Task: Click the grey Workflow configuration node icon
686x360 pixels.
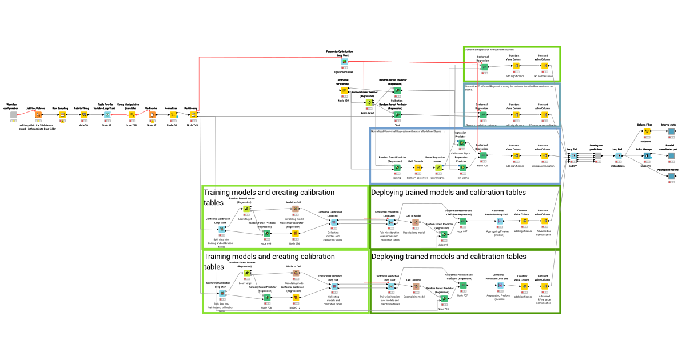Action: (x=14, y=115)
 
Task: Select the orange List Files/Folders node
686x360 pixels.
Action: (x=39, y=114)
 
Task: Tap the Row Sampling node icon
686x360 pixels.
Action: (x=63, y=114)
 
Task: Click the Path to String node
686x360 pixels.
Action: (x=84, y=114)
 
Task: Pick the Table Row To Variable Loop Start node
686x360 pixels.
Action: (x=107, y=114)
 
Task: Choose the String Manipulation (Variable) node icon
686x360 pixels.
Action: (x=131, y=114)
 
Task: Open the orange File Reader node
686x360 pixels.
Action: (x=153, y=114)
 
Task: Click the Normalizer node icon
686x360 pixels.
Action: (x=173, y=114)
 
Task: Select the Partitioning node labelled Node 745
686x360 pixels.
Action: (x=193, y=114)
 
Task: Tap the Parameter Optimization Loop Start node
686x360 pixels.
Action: (x=345, y=62)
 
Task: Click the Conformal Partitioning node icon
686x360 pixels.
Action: (x=344, y=90)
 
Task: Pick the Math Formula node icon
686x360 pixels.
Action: (x=418, y=167)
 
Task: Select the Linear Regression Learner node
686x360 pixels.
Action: (x=438, y=167)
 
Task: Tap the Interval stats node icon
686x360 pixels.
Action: (x=671, y=131)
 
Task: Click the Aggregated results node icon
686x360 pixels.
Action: (x=671, y=176)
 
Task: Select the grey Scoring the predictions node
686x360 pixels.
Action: (x=597, y=155)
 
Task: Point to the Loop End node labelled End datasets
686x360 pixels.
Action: (x=618, y=155)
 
